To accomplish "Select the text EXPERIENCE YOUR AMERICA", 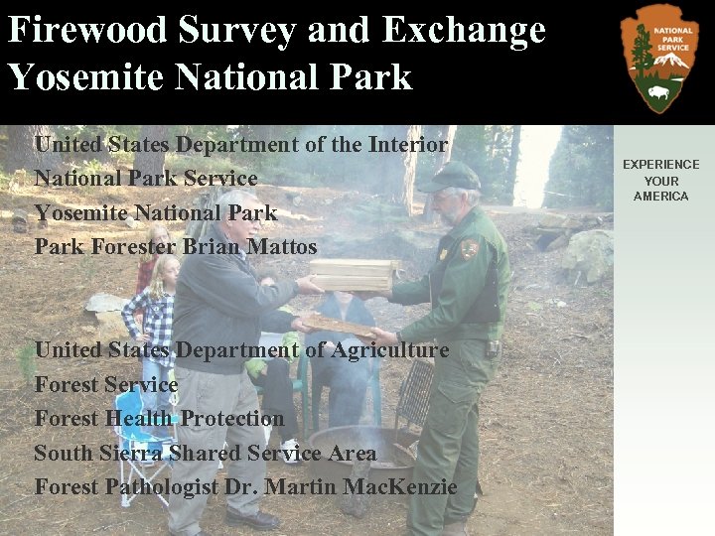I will coord(660,181).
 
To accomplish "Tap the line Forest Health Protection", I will coord(159,418).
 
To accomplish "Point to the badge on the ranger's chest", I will coord(443,254).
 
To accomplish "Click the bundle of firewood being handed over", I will coord(353,275).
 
